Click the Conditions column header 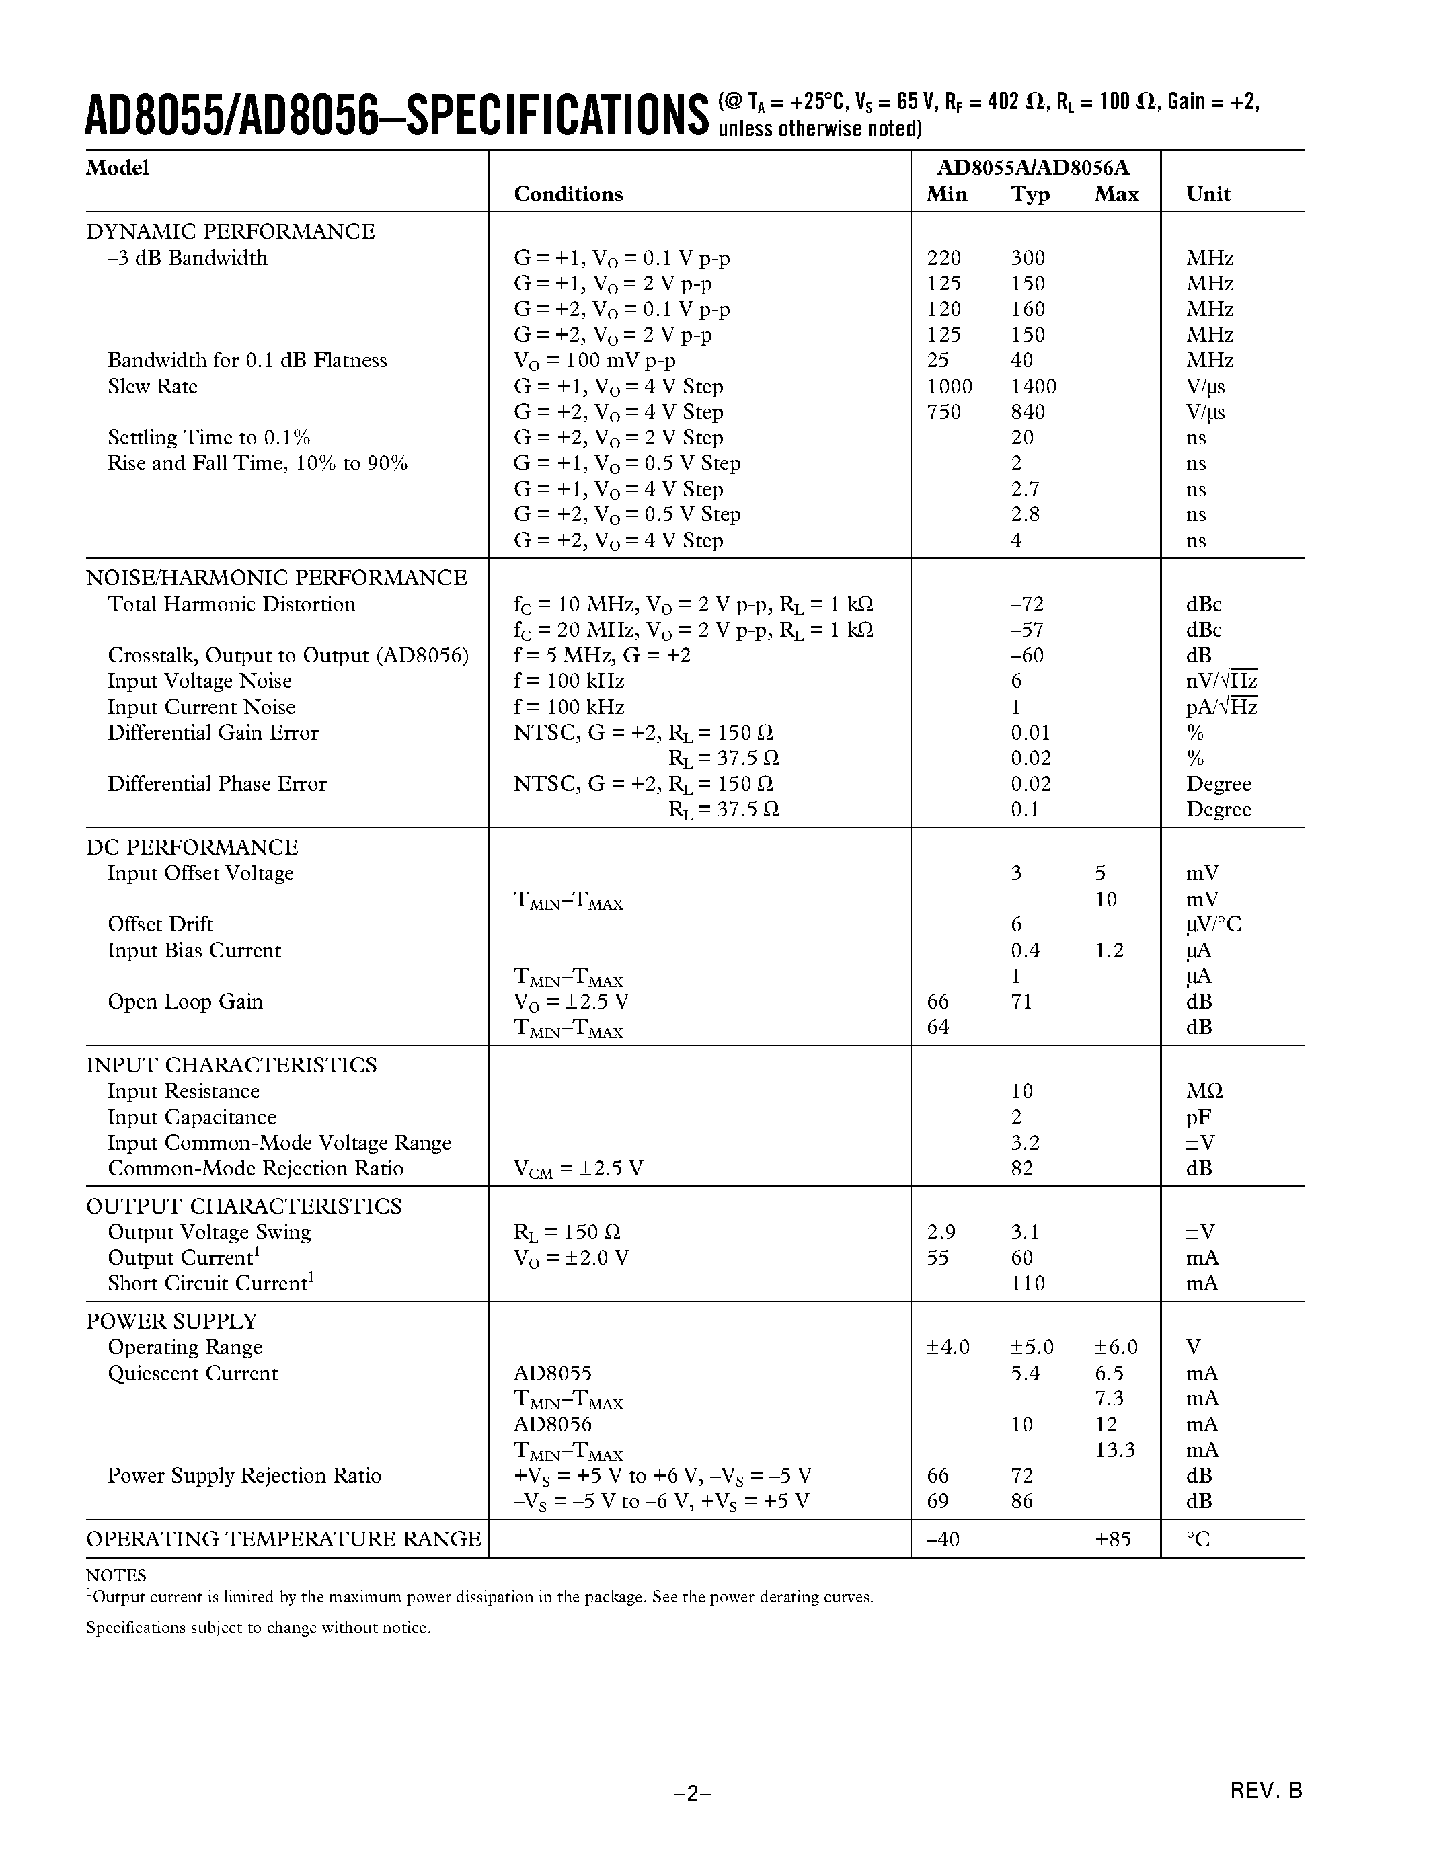tap(568, 194)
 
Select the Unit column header tap(1208, 194)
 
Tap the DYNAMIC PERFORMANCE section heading tap(230, 232)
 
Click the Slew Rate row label tap(153, 387)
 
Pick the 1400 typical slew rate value tap(1034, 387)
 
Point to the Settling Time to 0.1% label tap(208, 438)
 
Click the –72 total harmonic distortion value tap(1027, 604)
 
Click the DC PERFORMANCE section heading tap(192, 847)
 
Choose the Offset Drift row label tap(160, 924)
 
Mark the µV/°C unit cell tap(1213, 924)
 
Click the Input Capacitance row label tap(192, 1117)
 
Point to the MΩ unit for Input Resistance tap(1204, 1091)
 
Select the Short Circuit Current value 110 tap(1028, 1284)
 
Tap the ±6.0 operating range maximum tap(1116, 1347)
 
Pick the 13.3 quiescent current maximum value tap(1115, 1450)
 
